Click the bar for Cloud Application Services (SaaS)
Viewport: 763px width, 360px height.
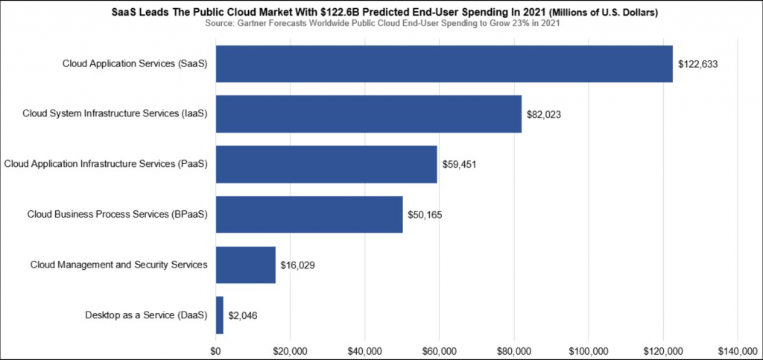[444, 64]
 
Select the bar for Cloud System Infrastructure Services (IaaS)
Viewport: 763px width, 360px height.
[369, 114]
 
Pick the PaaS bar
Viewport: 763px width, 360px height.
[326, 164]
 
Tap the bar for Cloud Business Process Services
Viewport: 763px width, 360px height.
[309, 215]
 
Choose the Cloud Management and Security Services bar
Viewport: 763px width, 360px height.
[246, 265]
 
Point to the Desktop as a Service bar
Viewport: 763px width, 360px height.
[220, 315]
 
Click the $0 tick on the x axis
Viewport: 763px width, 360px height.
[216, 350]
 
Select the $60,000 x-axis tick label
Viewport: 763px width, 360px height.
[439, 350]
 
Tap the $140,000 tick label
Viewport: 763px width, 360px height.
[736, 350]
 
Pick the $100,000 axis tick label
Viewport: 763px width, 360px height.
[588, 350]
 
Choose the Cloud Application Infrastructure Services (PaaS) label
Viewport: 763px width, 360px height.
[106, 164]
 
